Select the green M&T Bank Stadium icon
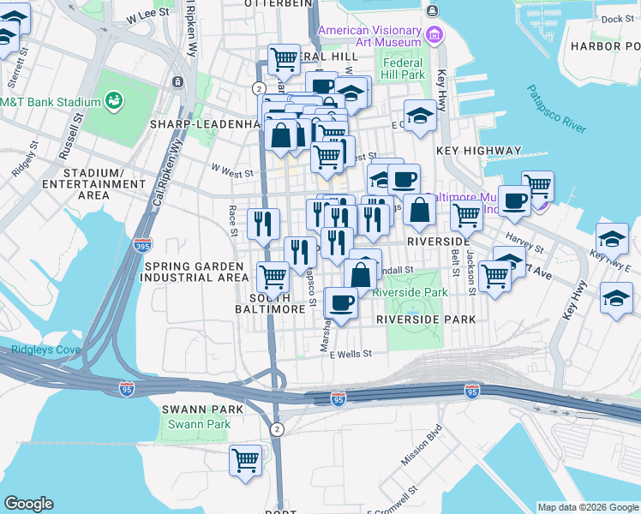(113, 102)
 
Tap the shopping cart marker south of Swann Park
(245, 460)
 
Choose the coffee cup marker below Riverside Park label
(341, 303)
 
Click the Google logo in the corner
(28, 504)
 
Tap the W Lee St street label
(147, 16)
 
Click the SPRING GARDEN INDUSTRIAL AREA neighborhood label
(195, 272)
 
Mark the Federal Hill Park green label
(404, 69)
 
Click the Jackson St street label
(471, 266)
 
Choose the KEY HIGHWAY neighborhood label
(478, 151)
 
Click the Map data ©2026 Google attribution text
(588, 507)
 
